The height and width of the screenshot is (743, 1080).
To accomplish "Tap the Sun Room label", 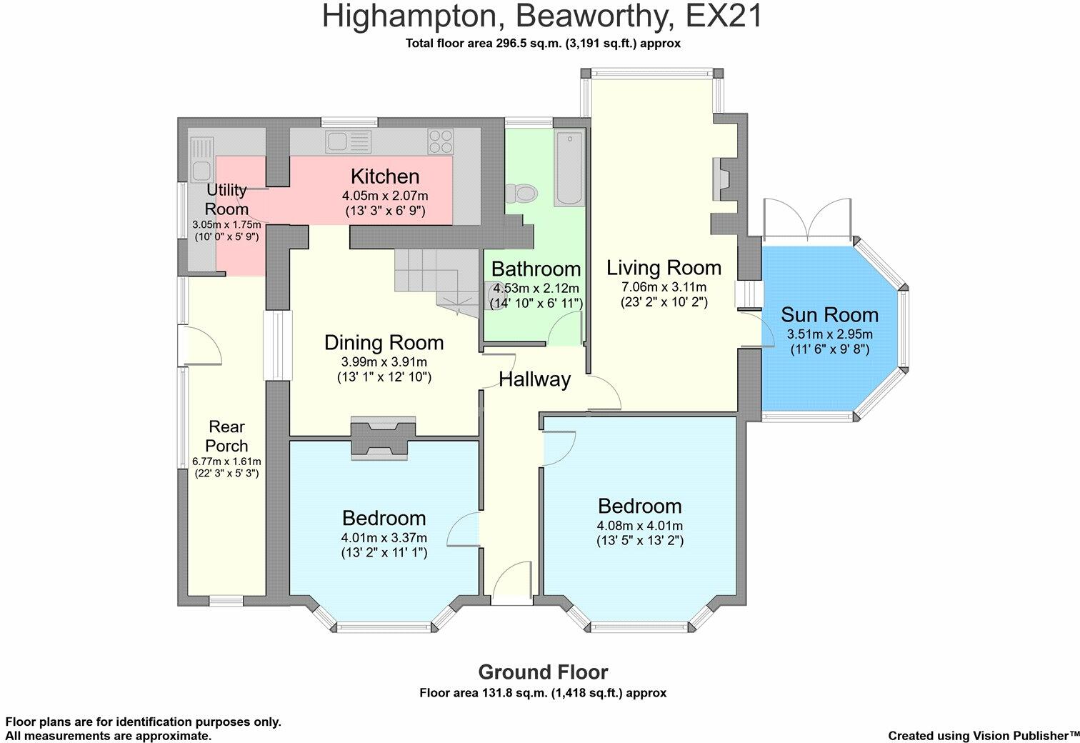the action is click(829, 314).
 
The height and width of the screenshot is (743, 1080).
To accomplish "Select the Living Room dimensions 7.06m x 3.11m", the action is click(664, 286).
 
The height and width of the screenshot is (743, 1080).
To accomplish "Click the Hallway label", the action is click(534, 379).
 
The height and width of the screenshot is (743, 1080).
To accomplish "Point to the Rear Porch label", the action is click(226, 436).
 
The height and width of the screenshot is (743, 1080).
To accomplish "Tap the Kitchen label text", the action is click(384, 176).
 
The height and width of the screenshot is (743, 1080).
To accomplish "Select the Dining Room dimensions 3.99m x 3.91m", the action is click(384, 361).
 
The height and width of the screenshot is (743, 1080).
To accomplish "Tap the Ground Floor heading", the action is click(543, 672).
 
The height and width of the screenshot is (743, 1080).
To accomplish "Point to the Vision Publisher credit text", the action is click(983, 735).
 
